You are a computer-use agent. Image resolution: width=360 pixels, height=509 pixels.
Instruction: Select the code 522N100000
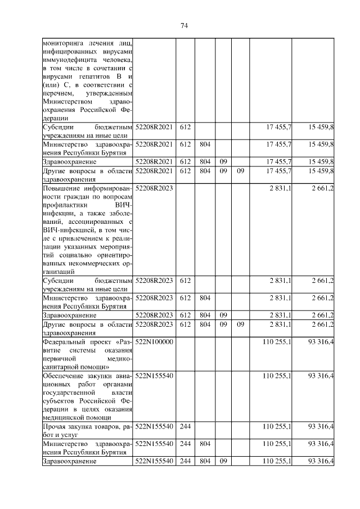pyautogui.click(x=154, y=342)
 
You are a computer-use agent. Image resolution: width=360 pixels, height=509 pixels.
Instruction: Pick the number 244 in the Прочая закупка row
pyautogui.click(x=185, y=427)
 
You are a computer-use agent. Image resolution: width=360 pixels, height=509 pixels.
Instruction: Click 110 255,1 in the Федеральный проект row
pyautogui.click(x=277, y=342)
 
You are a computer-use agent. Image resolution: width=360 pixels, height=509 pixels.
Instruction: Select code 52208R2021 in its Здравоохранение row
pyautogui.click(x=154, y=161)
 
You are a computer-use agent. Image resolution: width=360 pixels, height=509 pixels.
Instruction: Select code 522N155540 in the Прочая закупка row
pyautogui.click(x=154, y=427)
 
